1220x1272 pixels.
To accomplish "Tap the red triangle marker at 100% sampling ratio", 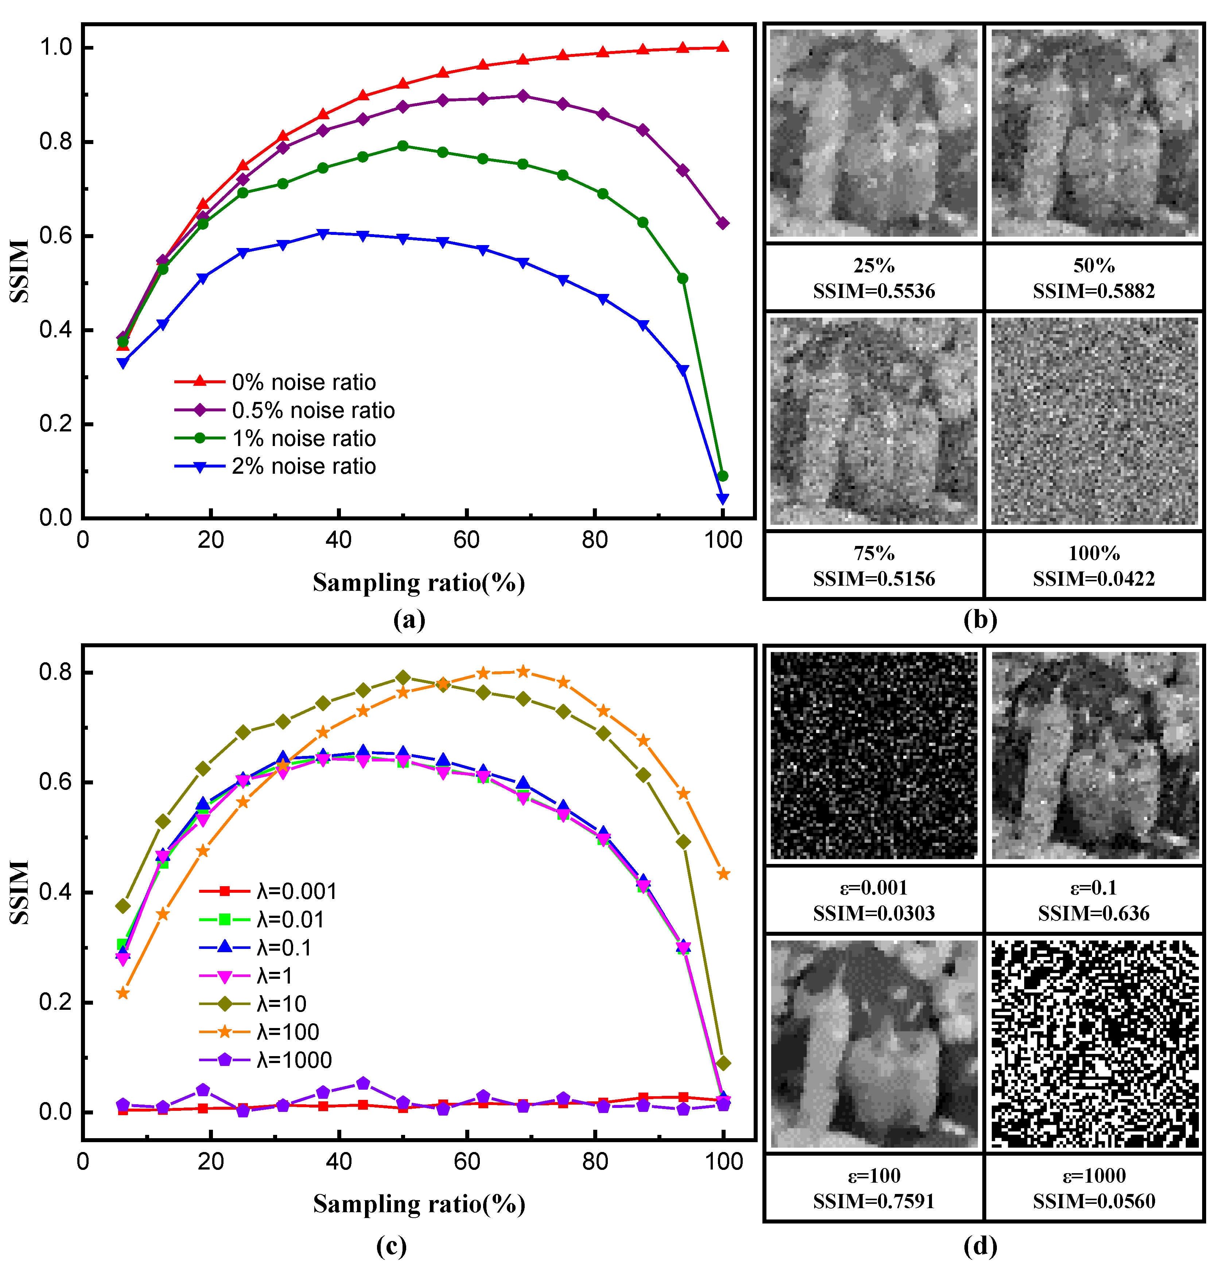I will [x=722, y=47].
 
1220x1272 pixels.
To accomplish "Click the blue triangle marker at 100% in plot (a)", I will [x=722, y=499].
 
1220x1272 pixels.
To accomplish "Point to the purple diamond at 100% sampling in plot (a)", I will [x=722, y=223].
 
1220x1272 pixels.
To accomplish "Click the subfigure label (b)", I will [x=980, y=620].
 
